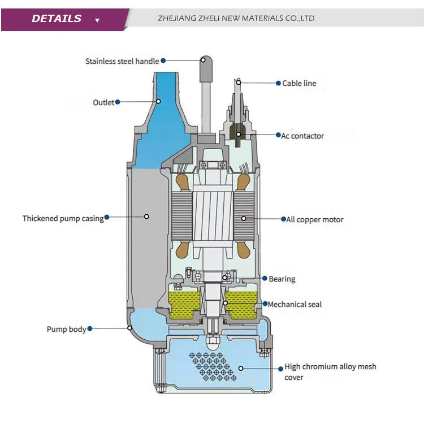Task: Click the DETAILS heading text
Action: [57, 19]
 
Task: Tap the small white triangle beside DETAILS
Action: [97, 20]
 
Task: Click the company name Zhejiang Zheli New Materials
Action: [237, 19]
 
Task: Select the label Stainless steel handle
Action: [122, 62]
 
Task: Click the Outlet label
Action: [103, 102]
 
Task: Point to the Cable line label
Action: [299, 83]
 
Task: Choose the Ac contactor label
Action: [302, 136]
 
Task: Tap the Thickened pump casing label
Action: [63, 218]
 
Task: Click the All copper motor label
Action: [315, 219]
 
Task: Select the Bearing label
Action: [282, 279]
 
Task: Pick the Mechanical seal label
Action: [295, 305]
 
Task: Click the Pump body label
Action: [66, 329]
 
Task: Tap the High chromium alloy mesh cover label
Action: [330, 372]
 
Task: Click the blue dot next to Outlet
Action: [118, 102]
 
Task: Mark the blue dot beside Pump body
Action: [90, 328]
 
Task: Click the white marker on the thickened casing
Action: [146, 217]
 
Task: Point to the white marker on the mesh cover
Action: [241, 368]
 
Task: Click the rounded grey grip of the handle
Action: [206, 68]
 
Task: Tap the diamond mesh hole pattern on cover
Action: [213, 366]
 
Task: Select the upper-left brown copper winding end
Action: [181, 181]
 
